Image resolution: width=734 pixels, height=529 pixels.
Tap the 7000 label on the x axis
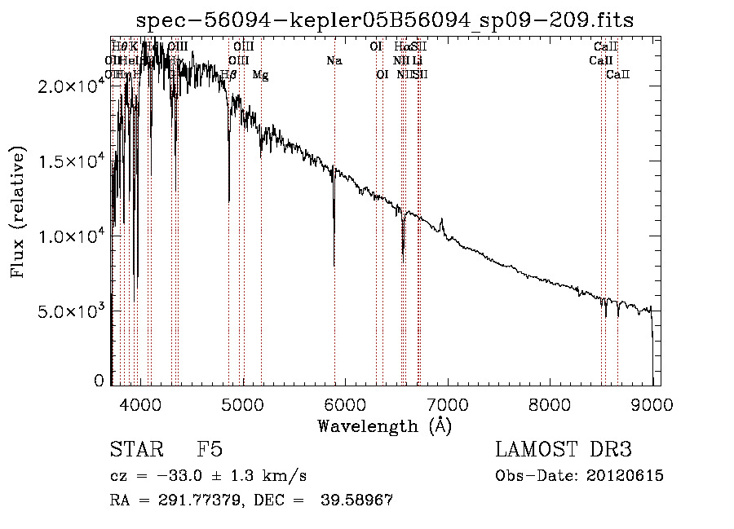447,403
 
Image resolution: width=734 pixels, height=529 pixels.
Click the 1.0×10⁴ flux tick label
71,236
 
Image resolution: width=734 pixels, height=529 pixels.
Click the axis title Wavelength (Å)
384,425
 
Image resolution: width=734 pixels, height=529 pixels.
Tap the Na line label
334,61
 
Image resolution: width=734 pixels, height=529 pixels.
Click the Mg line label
260,75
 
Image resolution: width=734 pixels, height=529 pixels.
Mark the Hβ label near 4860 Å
228,75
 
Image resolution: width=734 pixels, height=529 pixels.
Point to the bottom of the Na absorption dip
334,264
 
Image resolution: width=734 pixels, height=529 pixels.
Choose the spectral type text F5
210,449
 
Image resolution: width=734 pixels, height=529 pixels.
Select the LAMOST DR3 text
564,449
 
